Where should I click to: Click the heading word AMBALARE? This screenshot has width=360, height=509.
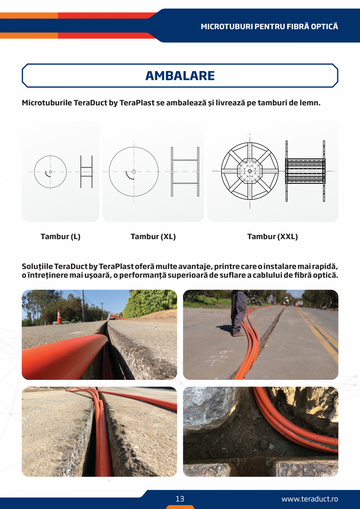[x=180, y=76]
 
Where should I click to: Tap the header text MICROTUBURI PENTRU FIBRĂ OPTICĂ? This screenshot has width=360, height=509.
[x=269, y=27]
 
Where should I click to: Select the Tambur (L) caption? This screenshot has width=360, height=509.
[x=61, y=237]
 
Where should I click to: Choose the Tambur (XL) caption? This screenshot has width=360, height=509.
[x=153, y=237]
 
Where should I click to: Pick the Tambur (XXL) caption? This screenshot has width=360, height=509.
[x=272, y=237]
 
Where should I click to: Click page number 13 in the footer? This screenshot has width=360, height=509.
[x=180, y=499]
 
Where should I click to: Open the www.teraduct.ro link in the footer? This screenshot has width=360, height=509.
[x=310, y=499]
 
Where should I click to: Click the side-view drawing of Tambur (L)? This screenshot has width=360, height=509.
[x=86, y=172]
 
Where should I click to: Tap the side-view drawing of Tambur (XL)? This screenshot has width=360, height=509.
[x=185, y=172]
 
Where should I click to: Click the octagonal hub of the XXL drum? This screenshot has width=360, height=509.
[x=250, y=171]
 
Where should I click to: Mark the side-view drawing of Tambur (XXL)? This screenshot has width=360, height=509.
[x=305, y=171]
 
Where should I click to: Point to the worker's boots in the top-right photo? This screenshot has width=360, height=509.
[x=238, y=333]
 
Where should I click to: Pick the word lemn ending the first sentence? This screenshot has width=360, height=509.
[x=311, y=103]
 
